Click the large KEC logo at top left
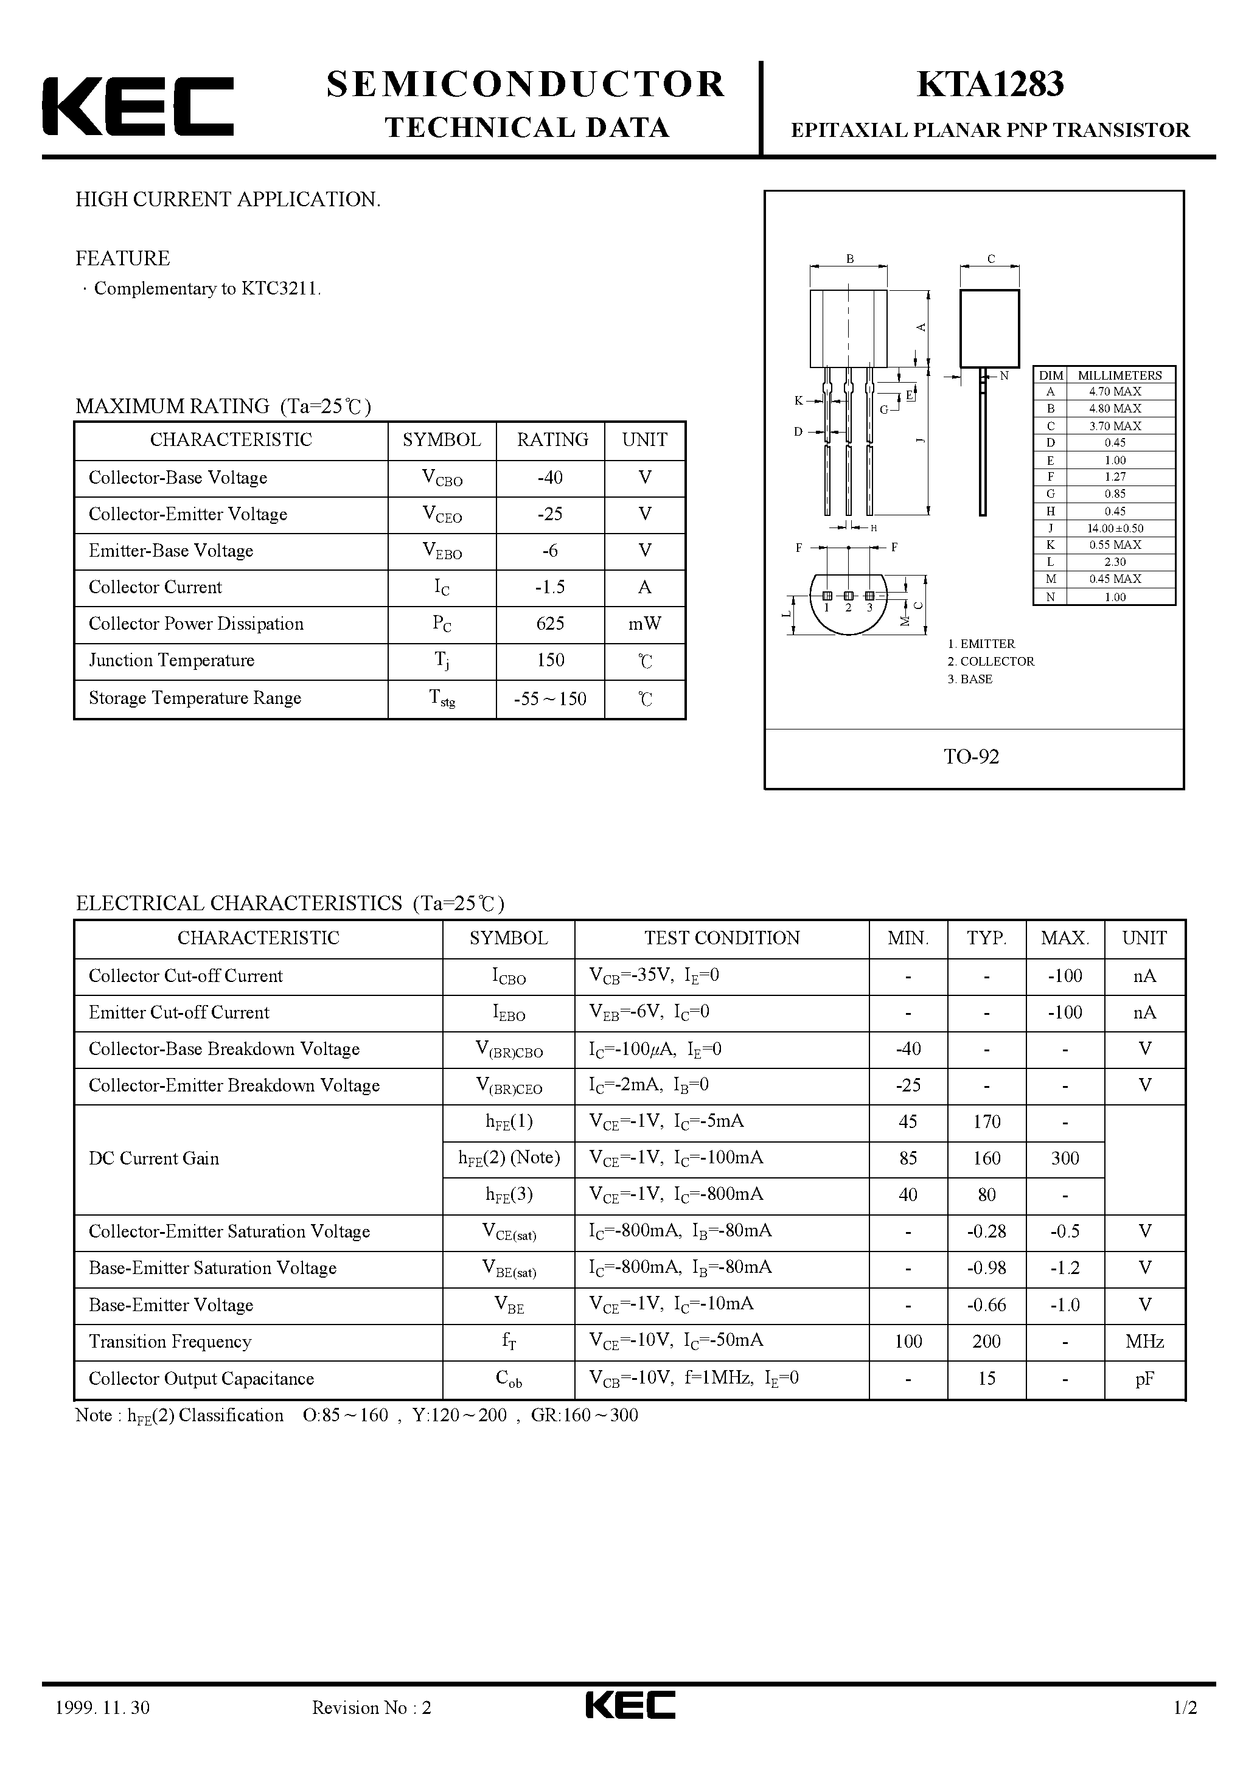pos(137,107)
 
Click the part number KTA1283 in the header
pos(990,85)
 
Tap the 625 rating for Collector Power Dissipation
pos(549,624)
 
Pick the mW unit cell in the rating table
pos(644,624)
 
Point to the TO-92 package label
pos(971,757)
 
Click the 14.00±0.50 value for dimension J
pos(1115,529)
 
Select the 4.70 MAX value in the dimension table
pos(1115,392)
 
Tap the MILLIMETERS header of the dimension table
pos(1119,375)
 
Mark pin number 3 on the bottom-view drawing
pos(869,607)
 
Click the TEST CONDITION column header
pos(722,938)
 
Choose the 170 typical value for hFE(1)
pos(986,1122)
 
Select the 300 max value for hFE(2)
pos(1065,1158)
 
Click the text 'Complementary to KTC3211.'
pos(207,289)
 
